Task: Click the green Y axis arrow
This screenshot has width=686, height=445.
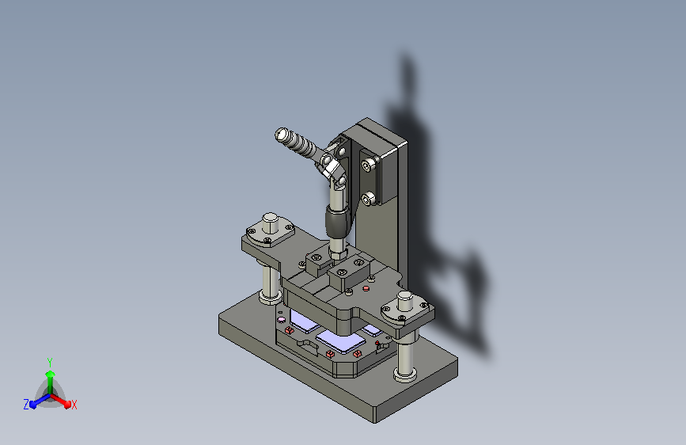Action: click(51, 382)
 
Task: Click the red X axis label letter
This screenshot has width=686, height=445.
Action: click(74, 405)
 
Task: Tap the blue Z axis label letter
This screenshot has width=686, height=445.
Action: click(26, 405)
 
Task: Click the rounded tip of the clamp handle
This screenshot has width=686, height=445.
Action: click(282, 134)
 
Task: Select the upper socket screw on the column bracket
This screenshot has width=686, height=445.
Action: click(369, 165)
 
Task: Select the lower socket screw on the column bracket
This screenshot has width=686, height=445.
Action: click(369, 199)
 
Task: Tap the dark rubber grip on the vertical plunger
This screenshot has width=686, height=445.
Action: click(338, 223)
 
